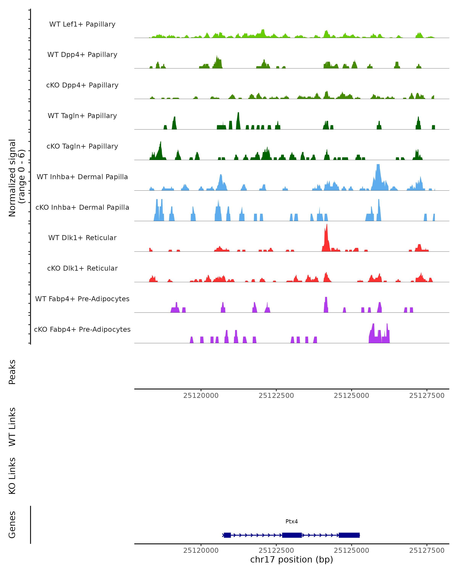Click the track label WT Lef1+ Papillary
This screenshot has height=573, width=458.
[82, 24]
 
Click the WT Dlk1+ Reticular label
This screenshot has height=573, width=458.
[82, 238]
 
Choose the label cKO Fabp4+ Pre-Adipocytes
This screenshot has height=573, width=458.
[82, 329]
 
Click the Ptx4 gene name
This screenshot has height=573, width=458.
[292, 521]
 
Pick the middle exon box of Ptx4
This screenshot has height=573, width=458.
[292, 535]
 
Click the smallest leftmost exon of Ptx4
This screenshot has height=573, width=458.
[227, 535]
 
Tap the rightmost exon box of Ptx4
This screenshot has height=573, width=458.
[349, 535]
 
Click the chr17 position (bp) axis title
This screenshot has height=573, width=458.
[292, 559]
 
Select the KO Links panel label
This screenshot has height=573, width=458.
[12, 476]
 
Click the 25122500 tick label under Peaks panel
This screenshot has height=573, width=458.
[276, 396]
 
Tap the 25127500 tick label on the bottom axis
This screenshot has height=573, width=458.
[427, 550]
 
